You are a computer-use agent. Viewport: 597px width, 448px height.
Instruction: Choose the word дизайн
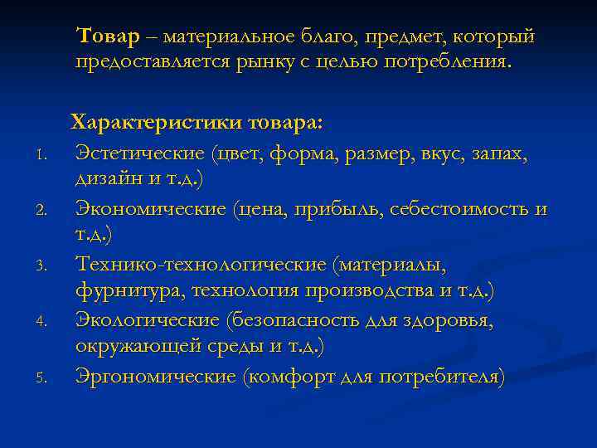[104, 178]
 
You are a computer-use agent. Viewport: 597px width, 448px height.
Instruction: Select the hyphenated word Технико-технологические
[201, 265]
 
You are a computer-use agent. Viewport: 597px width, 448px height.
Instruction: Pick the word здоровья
[450, 320]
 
